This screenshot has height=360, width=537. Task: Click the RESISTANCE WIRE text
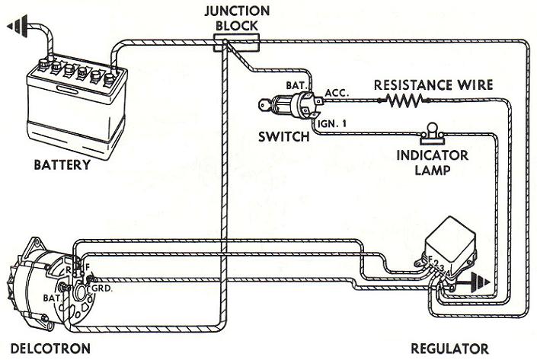[x=433, y=84]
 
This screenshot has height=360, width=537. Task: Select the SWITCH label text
[x=283, y=137]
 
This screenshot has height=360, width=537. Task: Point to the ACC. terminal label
[x=336, y=92]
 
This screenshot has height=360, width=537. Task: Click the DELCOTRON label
[x=45, y=349]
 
